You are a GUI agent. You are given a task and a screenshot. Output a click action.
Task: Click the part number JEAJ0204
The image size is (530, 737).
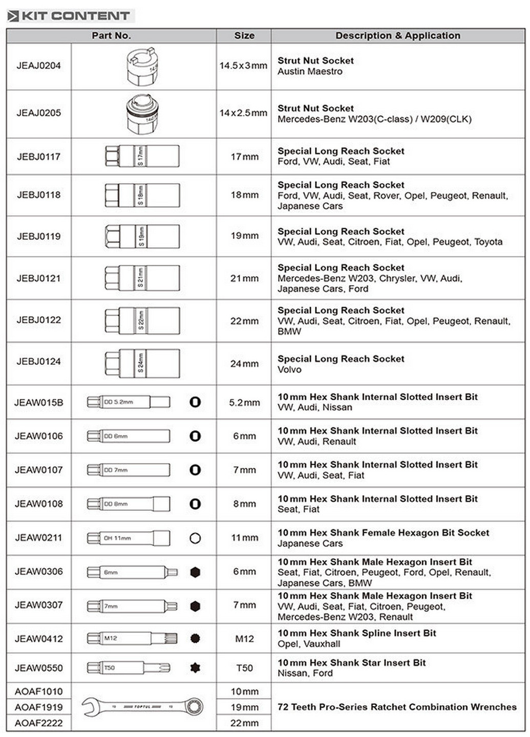pyautogui.click(x=38, y=66)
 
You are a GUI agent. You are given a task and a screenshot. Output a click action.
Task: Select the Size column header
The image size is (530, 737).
pyautogui.click(x=244, y=36)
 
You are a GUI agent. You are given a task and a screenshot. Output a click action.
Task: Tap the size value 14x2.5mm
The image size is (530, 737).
pyautogui.click(x=243, y=113)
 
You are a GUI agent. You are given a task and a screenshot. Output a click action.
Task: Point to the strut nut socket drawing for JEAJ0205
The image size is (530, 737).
pyautogui.click(x=142, y=114)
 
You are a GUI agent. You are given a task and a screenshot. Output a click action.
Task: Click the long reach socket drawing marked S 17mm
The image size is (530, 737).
pyautogui.click(x=142, y=156)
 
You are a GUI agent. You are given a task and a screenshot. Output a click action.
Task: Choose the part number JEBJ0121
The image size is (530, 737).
pyautogui.click(x=38, y=278)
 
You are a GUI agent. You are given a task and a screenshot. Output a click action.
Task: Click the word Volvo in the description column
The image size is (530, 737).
pyautogui.click(x=289, y=370)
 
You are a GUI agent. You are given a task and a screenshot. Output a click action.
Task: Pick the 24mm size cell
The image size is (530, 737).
pyautogui.click(x=244, y=364)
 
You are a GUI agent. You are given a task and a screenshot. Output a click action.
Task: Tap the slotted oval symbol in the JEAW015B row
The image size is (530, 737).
pyautogui.click(x=195, y=402)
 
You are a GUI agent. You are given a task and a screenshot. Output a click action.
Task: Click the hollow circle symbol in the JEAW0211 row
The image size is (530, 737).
pyautogui.click(x=195, y=538)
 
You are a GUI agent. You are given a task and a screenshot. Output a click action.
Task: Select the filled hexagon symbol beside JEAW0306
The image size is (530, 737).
pyautogui.click(x=195, y=572)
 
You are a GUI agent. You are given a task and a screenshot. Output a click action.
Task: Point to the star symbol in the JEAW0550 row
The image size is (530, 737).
pyautogui.click(x=195, y=668)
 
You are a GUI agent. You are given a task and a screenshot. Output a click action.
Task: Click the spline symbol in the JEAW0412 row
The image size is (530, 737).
pyautogui.click(x=195, y=639)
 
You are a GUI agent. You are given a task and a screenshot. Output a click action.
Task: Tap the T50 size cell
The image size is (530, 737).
pyautogui.click(x=244, y=668)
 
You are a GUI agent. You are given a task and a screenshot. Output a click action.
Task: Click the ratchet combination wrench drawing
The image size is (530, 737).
pyautogui.click(x=142, y=707)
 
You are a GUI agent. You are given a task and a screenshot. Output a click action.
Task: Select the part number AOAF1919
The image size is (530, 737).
pyautogui.click(x=38, y=707)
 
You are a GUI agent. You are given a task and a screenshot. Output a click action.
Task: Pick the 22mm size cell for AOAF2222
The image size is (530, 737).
pyautogui.click(x=244, y=723)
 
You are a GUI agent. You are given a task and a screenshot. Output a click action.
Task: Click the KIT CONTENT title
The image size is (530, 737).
pyautogui.click(x=75, y=16)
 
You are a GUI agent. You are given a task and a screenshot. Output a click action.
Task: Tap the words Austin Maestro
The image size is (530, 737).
pyautogui.click(x=310, y=72)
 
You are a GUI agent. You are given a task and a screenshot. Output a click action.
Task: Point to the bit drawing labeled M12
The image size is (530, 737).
pyautogui.click(x=132, y=639)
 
